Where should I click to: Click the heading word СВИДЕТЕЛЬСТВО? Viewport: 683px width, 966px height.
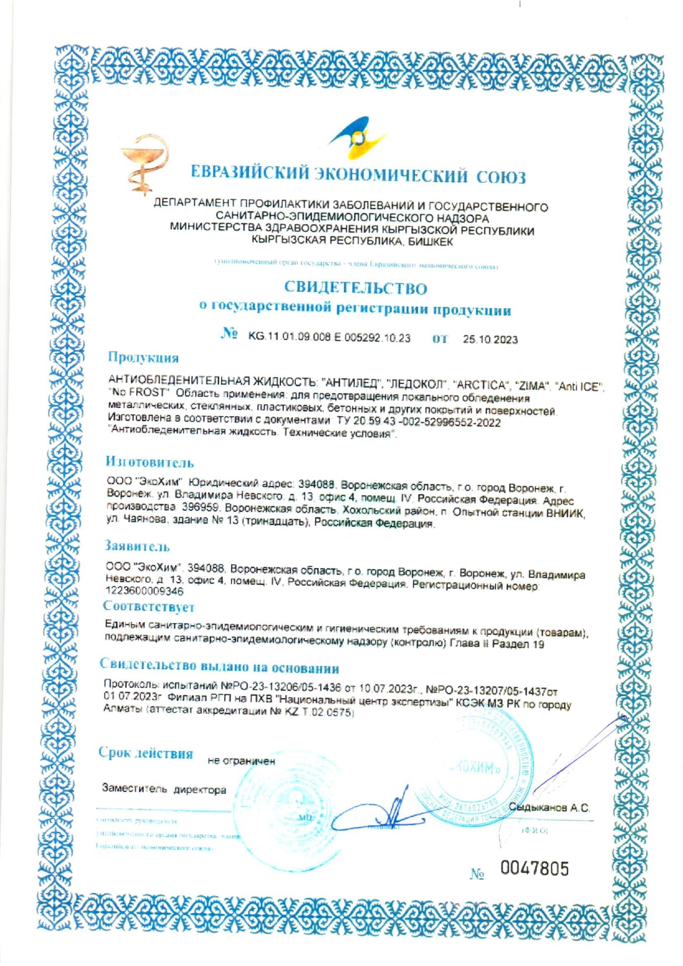point(355,288)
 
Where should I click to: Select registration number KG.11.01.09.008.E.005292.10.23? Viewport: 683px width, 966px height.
point(329,338)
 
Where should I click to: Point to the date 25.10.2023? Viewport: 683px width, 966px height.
point(490,340)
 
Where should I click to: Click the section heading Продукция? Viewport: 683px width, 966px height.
point(143,358)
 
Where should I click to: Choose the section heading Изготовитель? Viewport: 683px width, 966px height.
point(150,462)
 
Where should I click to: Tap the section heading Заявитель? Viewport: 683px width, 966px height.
point(137,547)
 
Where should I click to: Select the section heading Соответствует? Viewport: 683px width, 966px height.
point(148,607)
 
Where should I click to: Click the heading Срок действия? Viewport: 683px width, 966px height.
point(146,753)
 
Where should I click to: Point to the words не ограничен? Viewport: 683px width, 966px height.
point(241,761)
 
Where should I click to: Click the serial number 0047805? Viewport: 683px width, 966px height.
point(535,869)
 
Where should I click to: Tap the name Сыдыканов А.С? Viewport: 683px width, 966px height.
point(549,808)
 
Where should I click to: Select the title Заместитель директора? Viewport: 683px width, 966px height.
point(164,790)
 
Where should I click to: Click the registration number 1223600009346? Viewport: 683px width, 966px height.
point(144,591)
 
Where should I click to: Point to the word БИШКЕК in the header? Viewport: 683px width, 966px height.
point(431,241)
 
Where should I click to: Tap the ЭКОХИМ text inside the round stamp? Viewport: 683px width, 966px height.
point(475,768)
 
